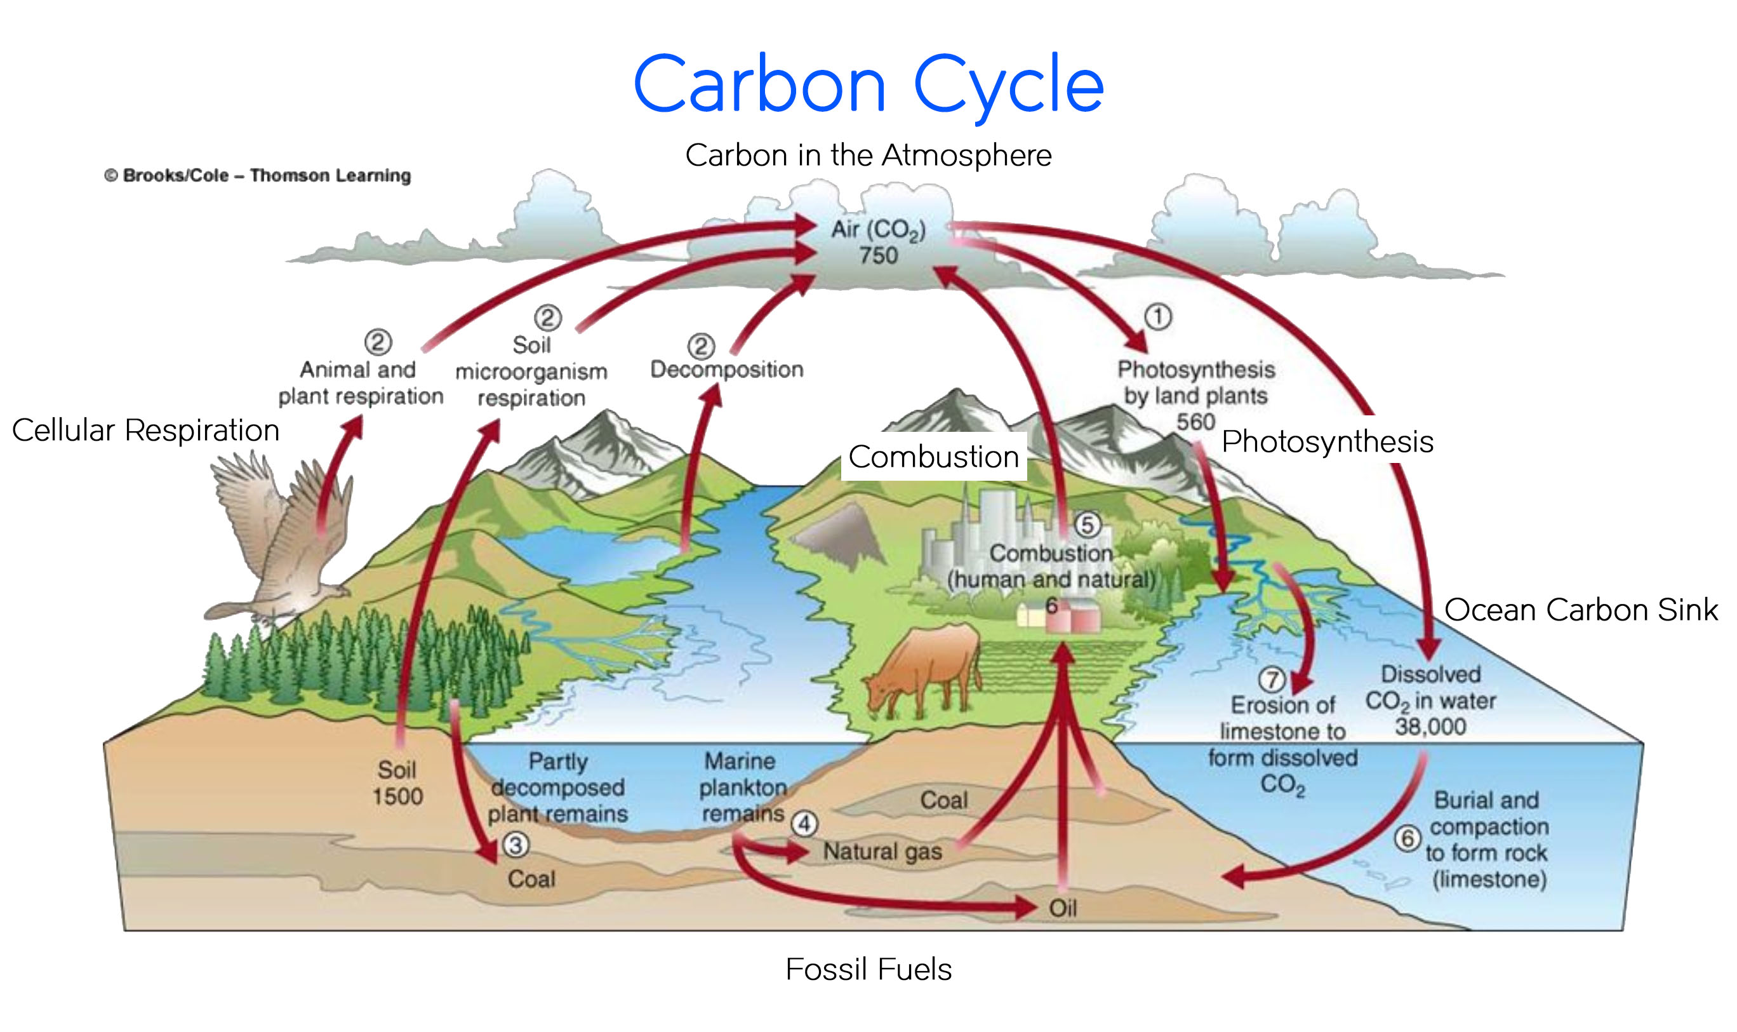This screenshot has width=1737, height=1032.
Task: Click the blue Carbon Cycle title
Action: click(867, 85)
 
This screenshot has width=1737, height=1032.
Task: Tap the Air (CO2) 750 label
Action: click(878, 242)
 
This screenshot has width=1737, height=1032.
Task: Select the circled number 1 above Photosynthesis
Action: click(1157, 317)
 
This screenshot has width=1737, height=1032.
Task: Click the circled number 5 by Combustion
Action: click(1088, 525)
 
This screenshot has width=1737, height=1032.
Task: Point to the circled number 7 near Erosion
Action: click(1271, 680)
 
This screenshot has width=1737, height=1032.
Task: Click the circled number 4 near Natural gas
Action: click(804, 824)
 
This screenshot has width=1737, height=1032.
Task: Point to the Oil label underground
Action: click(1062, 908)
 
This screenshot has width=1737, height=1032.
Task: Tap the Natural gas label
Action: click(882, 851)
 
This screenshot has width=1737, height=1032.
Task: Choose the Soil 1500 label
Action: click(397, 783)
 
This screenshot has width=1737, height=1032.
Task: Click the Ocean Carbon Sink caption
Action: click(1581, 610)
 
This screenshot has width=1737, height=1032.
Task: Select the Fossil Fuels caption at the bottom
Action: click(868, 968)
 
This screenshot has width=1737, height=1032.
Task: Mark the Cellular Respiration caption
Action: click(145, 430)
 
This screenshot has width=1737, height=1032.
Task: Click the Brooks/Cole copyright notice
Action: click(257, 175)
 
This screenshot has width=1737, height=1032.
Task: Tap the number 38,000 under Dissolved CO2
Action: click(1430, 727)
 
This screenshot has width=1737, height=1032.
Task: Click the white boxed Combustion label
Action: click(933, 457)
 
